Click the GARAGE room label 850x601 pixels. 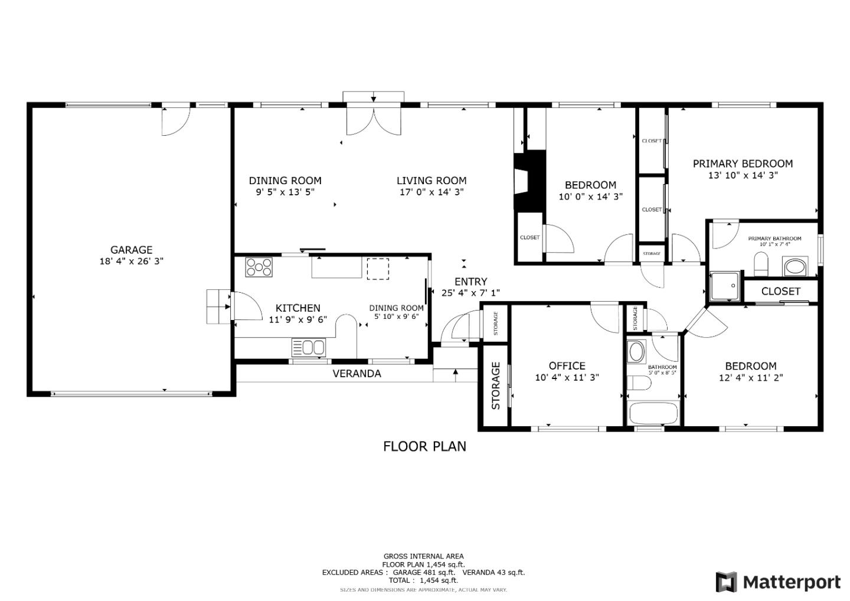tap(131, 250)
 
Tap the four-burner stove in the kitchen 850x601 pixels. tap(260, 267)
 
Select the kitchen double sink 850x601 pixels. tap(308, 347)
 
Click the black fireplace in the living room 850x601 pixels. tap(529, 181)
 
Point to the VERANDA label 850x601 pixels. tap(357, 374)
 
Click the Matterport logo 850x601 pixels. tap(777, 582)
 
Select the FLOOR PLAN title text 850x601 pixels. tap(424, 446)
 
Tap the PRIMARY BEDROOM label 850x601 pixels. tap(742, 164)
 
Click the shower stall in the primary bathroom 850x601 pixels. tap(725, 286)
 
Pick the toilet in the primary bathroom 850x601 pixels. tap(761, 264)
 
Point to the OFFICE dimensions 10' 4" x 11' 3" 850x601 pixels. tap(567, 378)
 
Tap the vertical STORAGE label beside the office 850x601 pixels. tap(496, 386)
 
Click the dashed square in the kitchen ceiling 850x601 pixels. tap(378, 268)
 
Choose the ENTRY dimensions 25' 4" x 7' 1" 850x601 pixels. tap(470, 293)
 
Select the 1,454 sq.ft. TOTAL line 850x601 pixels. tap(423, 580)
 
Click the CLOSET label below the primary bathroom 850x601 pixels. tap(780, 291)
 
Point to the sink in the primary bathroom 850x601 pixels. tap(795, 266)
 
